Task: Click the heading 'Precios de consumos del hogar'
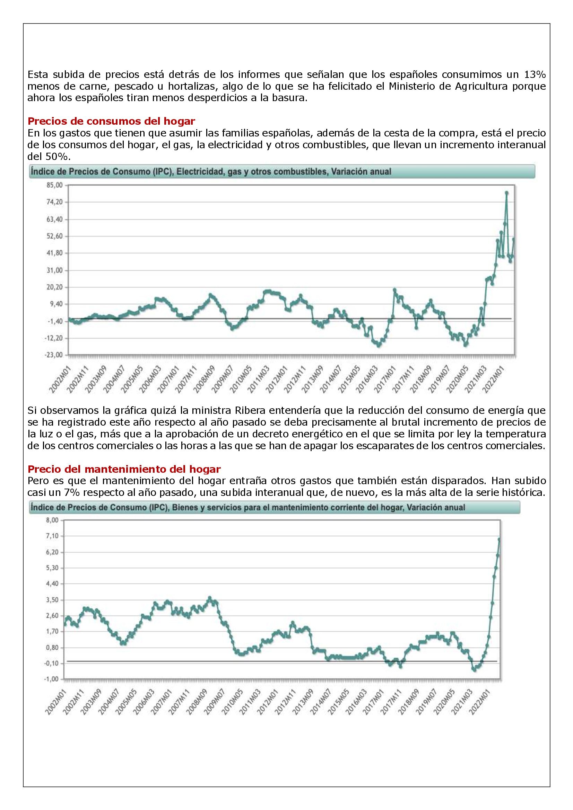[111, 121]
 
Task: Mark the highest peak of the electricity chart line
[507, 193]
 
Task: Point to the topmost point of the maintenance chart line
[499, 539]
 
